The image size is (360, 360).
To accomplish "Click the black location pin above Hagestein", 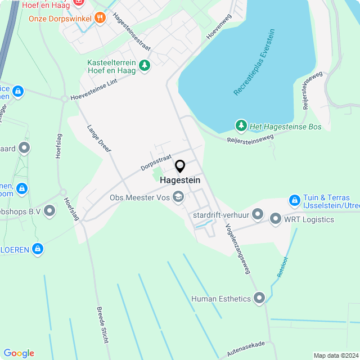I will [x=180, y=166].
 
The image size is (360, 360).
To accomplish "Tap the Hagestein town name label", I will [x=180, y=181].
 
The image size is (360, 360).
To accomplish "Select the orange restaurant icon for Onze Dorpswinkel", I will [x=100, y=17].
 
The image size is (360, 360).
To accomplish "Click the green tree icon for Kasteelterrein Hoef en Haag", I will [x=145, y=66].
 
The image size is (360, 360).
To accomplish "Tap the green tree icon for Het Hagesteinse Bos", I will [x=241, y=126].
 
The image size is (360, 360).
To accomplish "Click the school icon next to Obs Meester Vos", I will [x=178, y=197].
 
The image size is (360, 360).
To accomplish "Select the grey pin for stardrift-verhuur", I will [x=258, y=214].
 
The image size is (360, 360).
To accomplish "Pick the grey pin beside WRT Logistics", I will [x=276, y=219].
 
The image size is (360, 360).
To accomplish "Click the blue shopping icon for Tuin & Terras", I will [x=294, y=200].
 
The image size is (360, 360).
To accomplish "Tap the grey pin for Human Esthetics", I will [x=259, y=298].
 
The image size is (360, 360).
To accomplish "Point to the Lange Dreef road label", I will [x=99, y=138].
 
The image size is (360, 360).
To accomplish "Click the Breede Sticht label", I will [x=102, y=325].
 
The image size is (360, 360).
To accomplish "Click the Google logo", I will [x=19, y=353].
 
